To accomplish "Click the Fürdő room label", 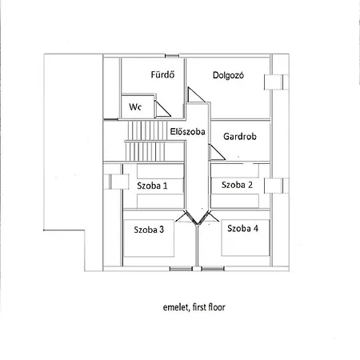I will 162,76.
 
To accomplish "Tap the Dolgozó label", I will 228,76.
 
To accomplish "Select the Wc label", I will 135,106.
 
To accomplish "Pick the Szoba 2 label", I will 237,185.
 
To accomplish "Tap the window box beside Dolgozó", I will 278,80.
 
